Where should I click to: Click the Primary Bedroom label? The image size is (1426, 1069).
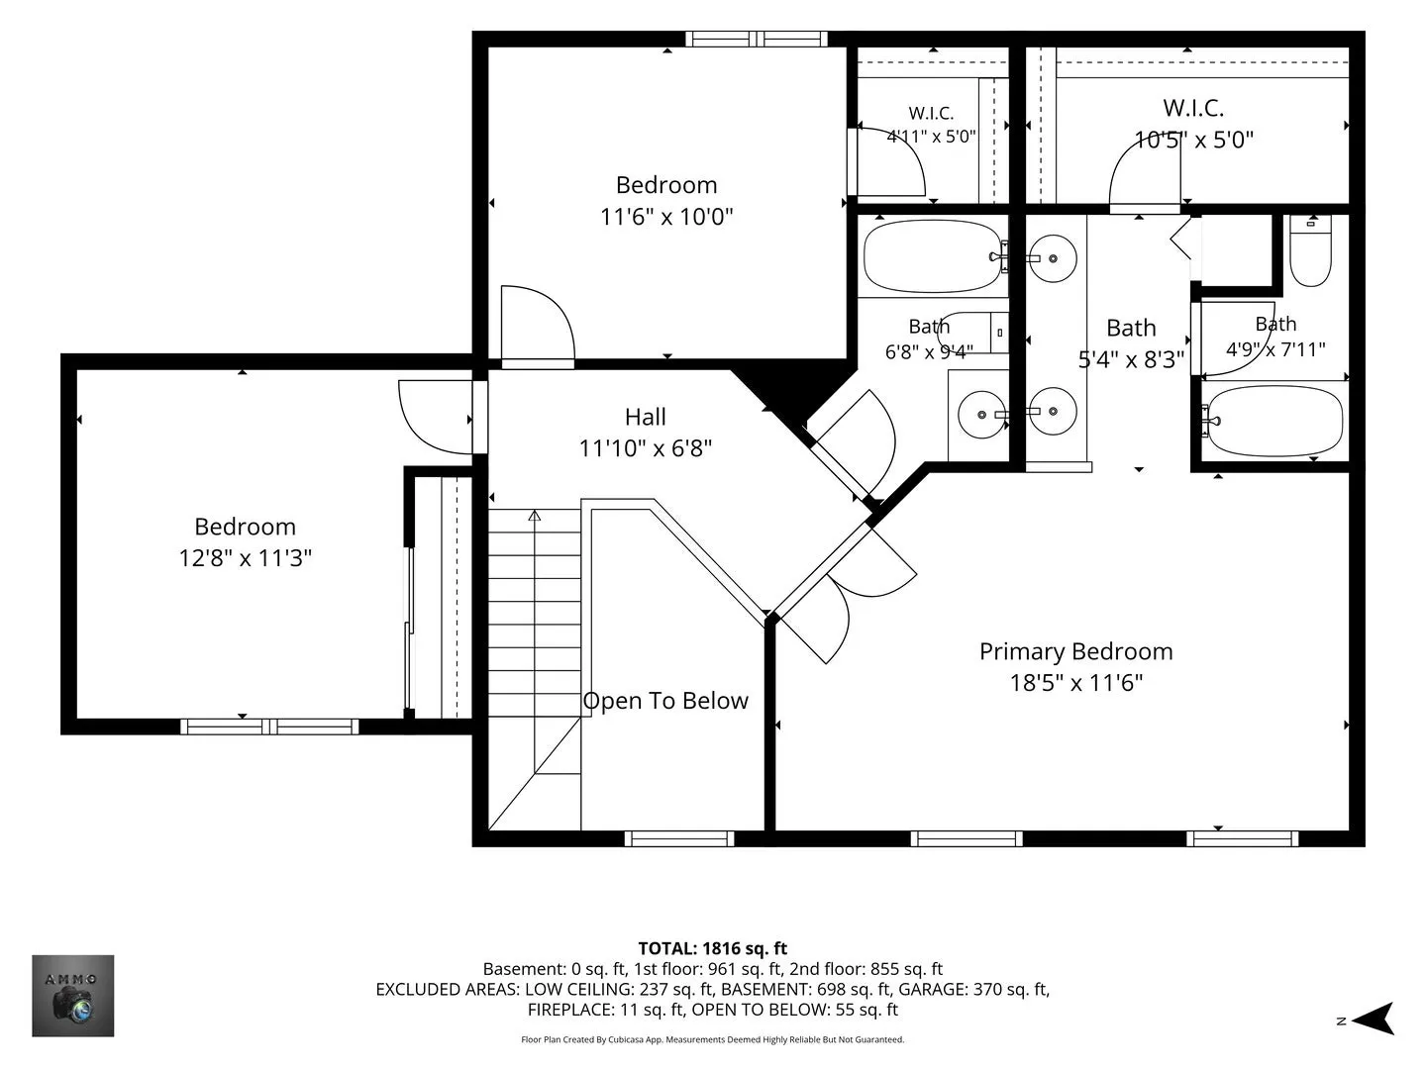click(1075, 651)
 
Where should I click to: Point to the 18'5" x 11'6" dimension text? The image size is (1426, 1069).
click(1075, 683)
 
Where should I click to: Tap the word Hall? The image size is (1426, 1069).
click(645, 417)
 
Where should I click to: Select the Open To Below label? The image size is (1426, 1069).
click(665, 701)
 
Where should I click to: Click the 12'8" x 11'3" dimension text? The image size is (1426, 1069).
click(245, 557)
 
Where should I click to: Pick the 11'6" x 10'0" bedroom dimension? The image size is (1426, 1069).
click(666, 216)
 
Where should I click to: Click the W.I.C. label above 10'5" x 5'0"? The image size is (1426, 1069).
click(1193, 108)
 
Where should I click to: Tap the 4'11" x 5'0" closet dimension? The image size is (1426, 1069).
click(931, 137)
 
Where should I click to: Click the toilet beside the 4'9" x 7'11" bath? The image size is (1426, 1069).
click(1310, 250)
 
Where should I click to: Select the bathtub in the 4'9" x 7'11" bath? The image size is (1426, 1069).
click(1273, 420)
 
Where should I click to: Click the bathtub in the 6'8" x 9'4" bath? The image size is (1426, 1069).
click(933, 257)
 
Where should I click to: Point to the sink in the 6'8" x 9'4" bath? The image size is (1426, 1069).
click(981, 414)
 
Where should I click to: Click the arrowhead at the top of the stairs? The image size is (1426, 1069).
click(534, 516)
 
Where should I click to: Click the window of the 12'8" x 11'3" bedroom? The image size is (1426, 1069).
click(269, 727)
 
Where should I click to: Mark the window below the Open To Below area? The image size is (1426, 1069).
click(679, 838)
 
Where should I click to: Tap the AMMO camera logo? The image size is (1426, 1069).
click(72, 996)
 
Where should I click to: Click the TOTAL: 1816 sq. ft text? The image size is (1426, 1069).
click(713, 949)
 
